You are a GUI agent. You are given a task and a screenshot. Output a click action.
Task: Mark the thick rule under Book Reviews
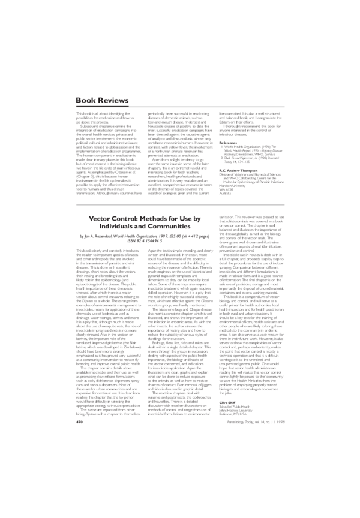tap(180, 107)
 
